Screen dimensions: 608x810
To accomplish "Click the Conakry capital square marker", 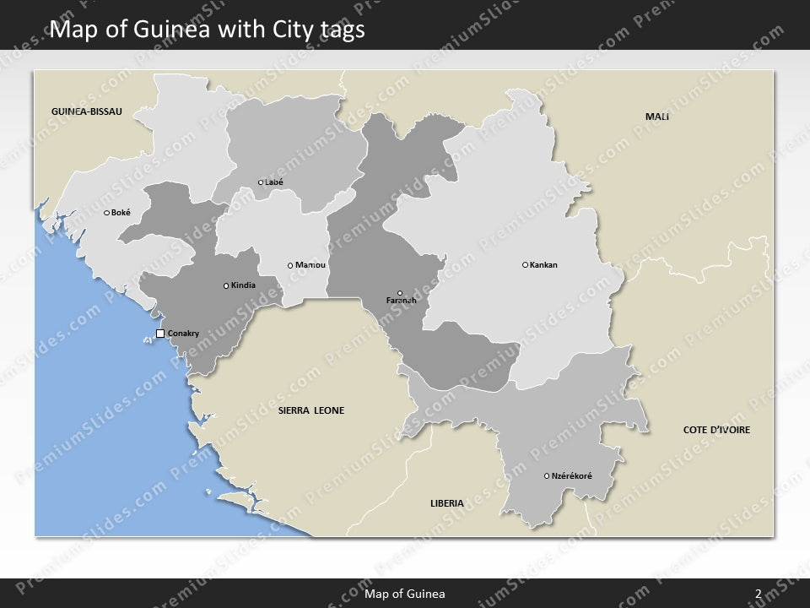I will point(160,334).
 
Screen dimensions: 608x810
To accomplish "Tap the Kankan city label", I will point(543,265).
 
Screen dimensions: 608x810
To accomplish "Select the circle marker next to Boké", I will point(106,213).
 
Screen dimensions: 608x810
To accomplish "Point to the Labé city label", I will point(274,182).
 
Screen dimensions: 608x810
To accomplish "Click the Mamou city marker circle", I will point(290,266).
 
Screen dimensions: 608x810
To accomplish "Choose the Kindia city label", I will point(243,285).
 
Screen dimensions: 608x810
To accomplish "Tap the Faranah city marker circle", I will point(400,293).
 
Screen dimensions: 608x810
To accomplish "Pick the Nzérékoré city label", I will point(572,476).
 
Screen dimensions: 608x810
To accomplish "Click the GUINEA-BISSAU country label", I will point(86,111).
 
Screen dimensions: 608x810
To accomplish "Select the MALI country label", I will point(657,116).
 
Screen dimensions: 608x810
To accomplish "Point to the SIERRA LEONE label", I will point(311,411).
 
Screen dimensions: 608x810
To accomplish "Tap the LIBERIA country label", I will point(446,503).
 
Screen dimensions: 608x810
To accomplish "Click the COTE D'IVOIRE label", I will point(716,430).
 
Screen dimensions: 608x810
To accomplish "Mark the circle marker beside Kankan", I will point(526,265).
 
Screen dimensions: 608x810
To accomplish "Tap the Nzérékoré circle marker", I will point(547,476).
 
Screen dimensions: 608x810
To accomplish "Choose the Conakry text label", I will point(184,334).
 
